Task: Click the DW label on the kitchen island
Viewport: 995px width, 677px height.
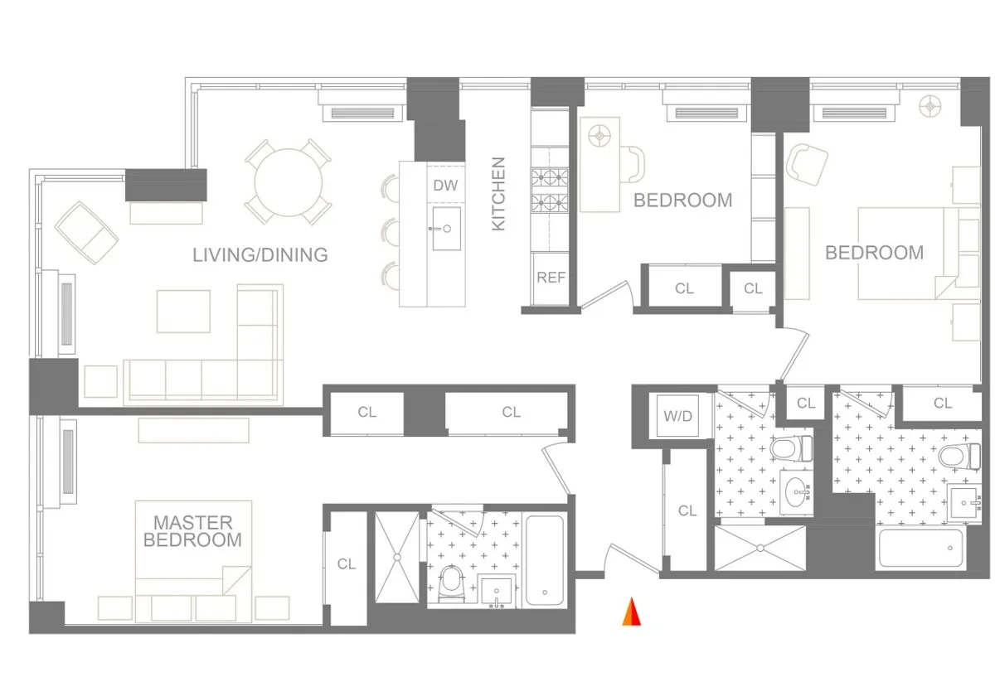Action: tap(445, 186)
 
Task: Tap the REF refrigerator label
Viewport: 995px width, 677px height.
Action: tap(551, 278)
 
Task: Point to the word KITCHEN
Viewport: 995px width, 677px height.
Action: tap(498, 194)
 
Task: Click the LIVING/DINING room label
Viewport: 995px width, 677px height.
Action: tap(260, 254)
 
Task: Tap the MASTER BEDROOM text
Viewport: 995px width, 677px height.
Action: tap(192, 531)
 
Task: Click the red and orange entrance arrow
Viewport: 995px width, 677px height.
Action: tap(632, 612)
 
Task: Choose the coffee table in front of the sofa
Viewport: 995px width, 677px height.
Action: tap(183, 311)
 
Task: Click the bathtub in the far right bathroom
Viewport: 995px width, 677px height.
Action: tap(920, 549)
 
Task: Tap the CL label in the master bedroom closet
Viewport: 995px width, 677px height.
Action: tap(346, 564)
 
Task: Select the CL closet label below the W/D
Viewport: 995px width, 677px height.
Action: tap(687, 511)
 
